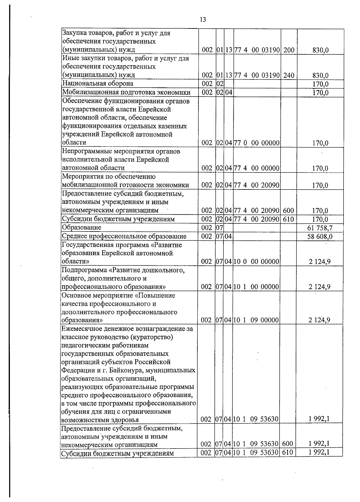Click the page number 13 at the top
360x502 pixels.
[x=203, y=20]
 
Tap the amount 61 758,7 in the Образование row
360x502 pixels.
[x=320, y=228]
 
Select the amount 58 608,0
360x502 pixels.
[x=320, y=237]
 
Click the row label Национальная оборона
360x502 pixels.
[x=97, y=83]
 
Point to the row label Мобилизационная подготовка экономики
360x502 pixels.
[x=126, y=92]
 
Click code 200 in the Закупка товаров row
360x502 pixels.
[x=289, y=50]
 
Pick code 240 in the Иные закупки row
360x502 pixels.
[x=289, y=75]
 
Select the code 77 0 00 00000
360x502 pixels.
[x=257, y=143]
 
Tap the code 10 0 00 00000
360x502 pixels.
[x=256, y=262]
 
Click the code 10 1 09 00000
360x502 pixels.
[x=256, y=320]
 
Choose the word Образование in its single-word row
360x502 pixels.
[x=81, y=228]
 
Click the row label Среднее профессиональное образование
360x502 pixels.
[x=124, y=236]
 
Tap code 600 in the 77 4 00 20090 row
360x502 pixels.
[x=288, y=211]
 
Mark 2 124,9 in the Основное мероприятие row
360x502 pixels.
[x=319, y=320]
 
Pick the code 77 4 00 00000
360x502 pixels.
[x=257, y=168]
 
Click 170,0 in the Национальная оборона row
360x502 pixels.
[x=320, y=84]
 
